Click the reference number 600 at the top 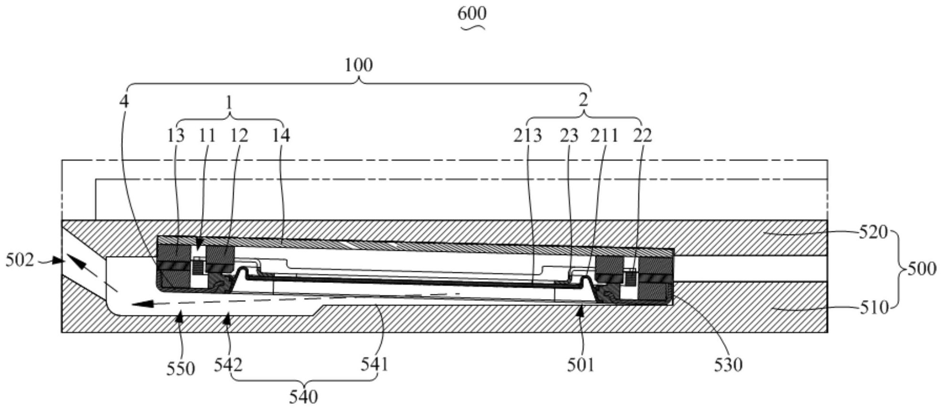[x=471, y=13]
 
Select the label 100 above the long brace [x=358, y=65]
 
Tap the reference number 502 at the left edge [x=20, y=260]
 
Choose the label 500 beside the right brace [x=922, y=269]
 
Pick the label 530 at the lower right [x=728, y=366]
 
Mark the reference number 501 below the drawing [x=580, y=366]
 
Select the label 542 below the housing [x=228, y=365]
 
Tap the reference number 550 [x=181, y=369]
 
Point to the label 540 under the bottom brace [x=303, y=397]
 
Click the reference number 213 [x=527, y=136]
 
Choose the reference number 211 [x=604, y=136]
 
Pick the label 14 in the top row [x=281, y=136]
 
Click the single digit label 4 [x=124, y=101]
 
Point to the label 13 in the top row [x=175, y=136]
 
